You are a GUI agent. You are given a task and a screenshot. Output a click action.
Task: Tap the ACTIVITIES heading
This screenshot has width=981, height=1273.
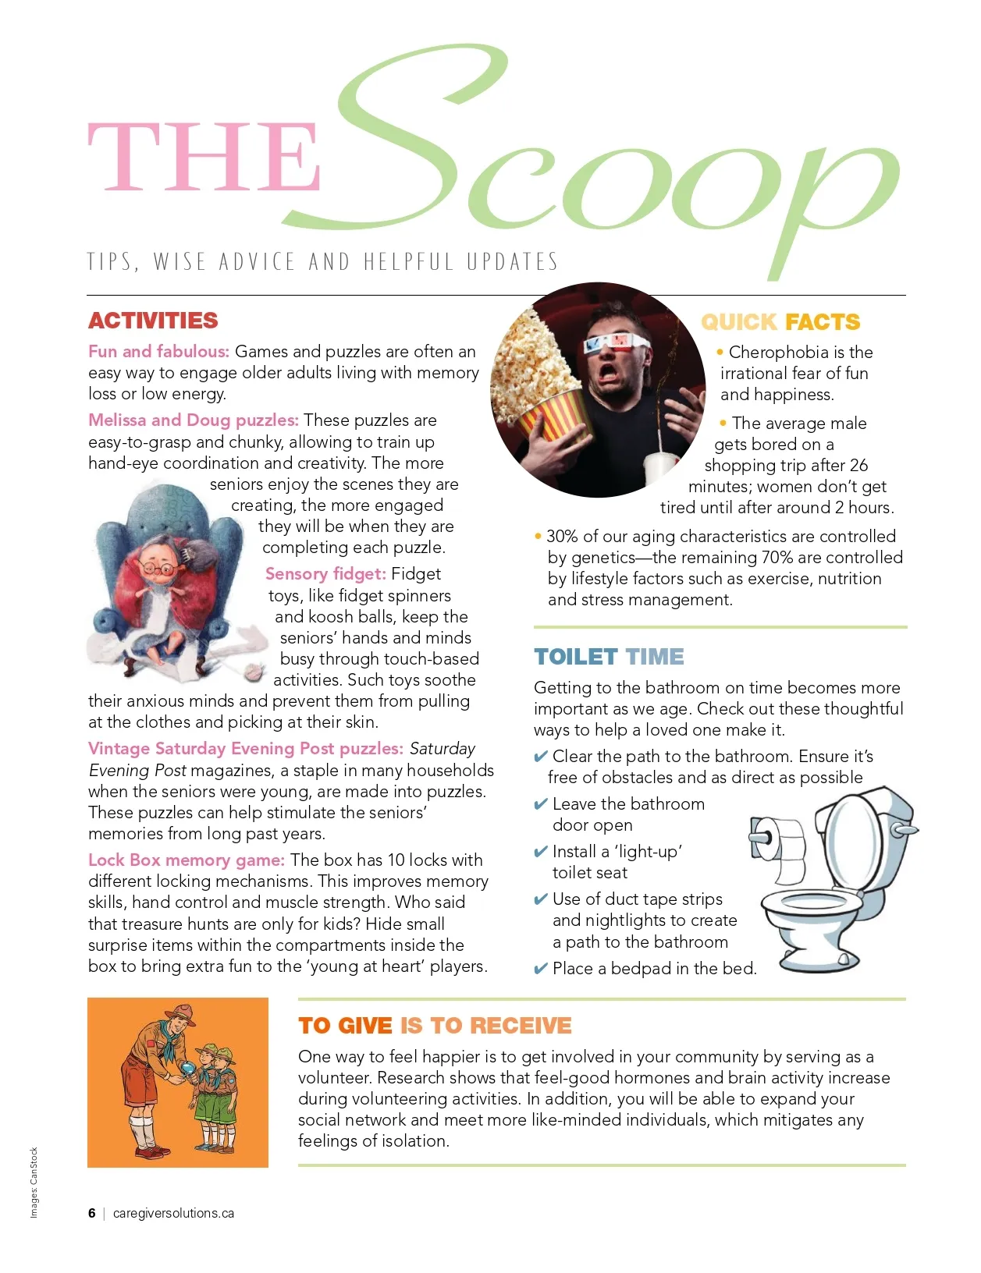point(153,321)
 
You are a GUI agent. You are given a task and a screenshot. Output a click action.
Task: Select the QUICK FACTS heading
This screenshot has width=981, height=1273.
point(780,321)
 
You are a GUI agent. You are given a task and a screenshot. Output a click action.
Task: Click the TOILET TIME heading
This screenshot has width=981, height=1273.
point(609,657)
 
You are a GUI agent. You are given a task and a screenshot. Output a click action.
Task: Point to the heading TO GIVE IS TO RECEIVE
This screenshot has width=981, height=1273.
point(435,1025)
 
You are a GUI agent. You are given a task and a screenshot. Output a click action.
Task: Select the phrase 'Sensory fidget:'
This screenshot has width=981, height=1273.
point(325,574)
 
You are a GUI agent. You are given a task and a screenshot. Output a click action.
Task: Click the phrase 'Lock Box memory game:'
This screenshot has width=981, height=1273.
point(186,860)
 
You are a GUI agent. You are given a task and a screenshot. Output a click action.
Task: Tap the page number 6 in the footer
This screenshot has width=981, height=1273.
point(92,1213)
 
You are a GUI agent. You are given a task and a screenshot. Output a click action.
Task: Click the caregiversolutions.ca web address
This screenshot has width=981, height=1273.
point(173,1213)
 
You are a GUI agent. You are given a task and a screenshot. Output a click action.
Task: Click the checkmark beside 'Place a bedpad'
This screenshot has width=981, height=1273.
point(540,970)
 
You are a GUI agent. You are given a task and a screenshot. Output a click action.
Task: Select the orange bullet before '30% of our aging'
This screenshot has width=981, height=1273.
point(538,537)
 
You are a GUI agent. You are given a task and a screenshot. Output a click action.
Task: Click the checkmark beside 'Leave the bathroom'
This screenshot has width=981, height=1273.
point(540,804)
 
